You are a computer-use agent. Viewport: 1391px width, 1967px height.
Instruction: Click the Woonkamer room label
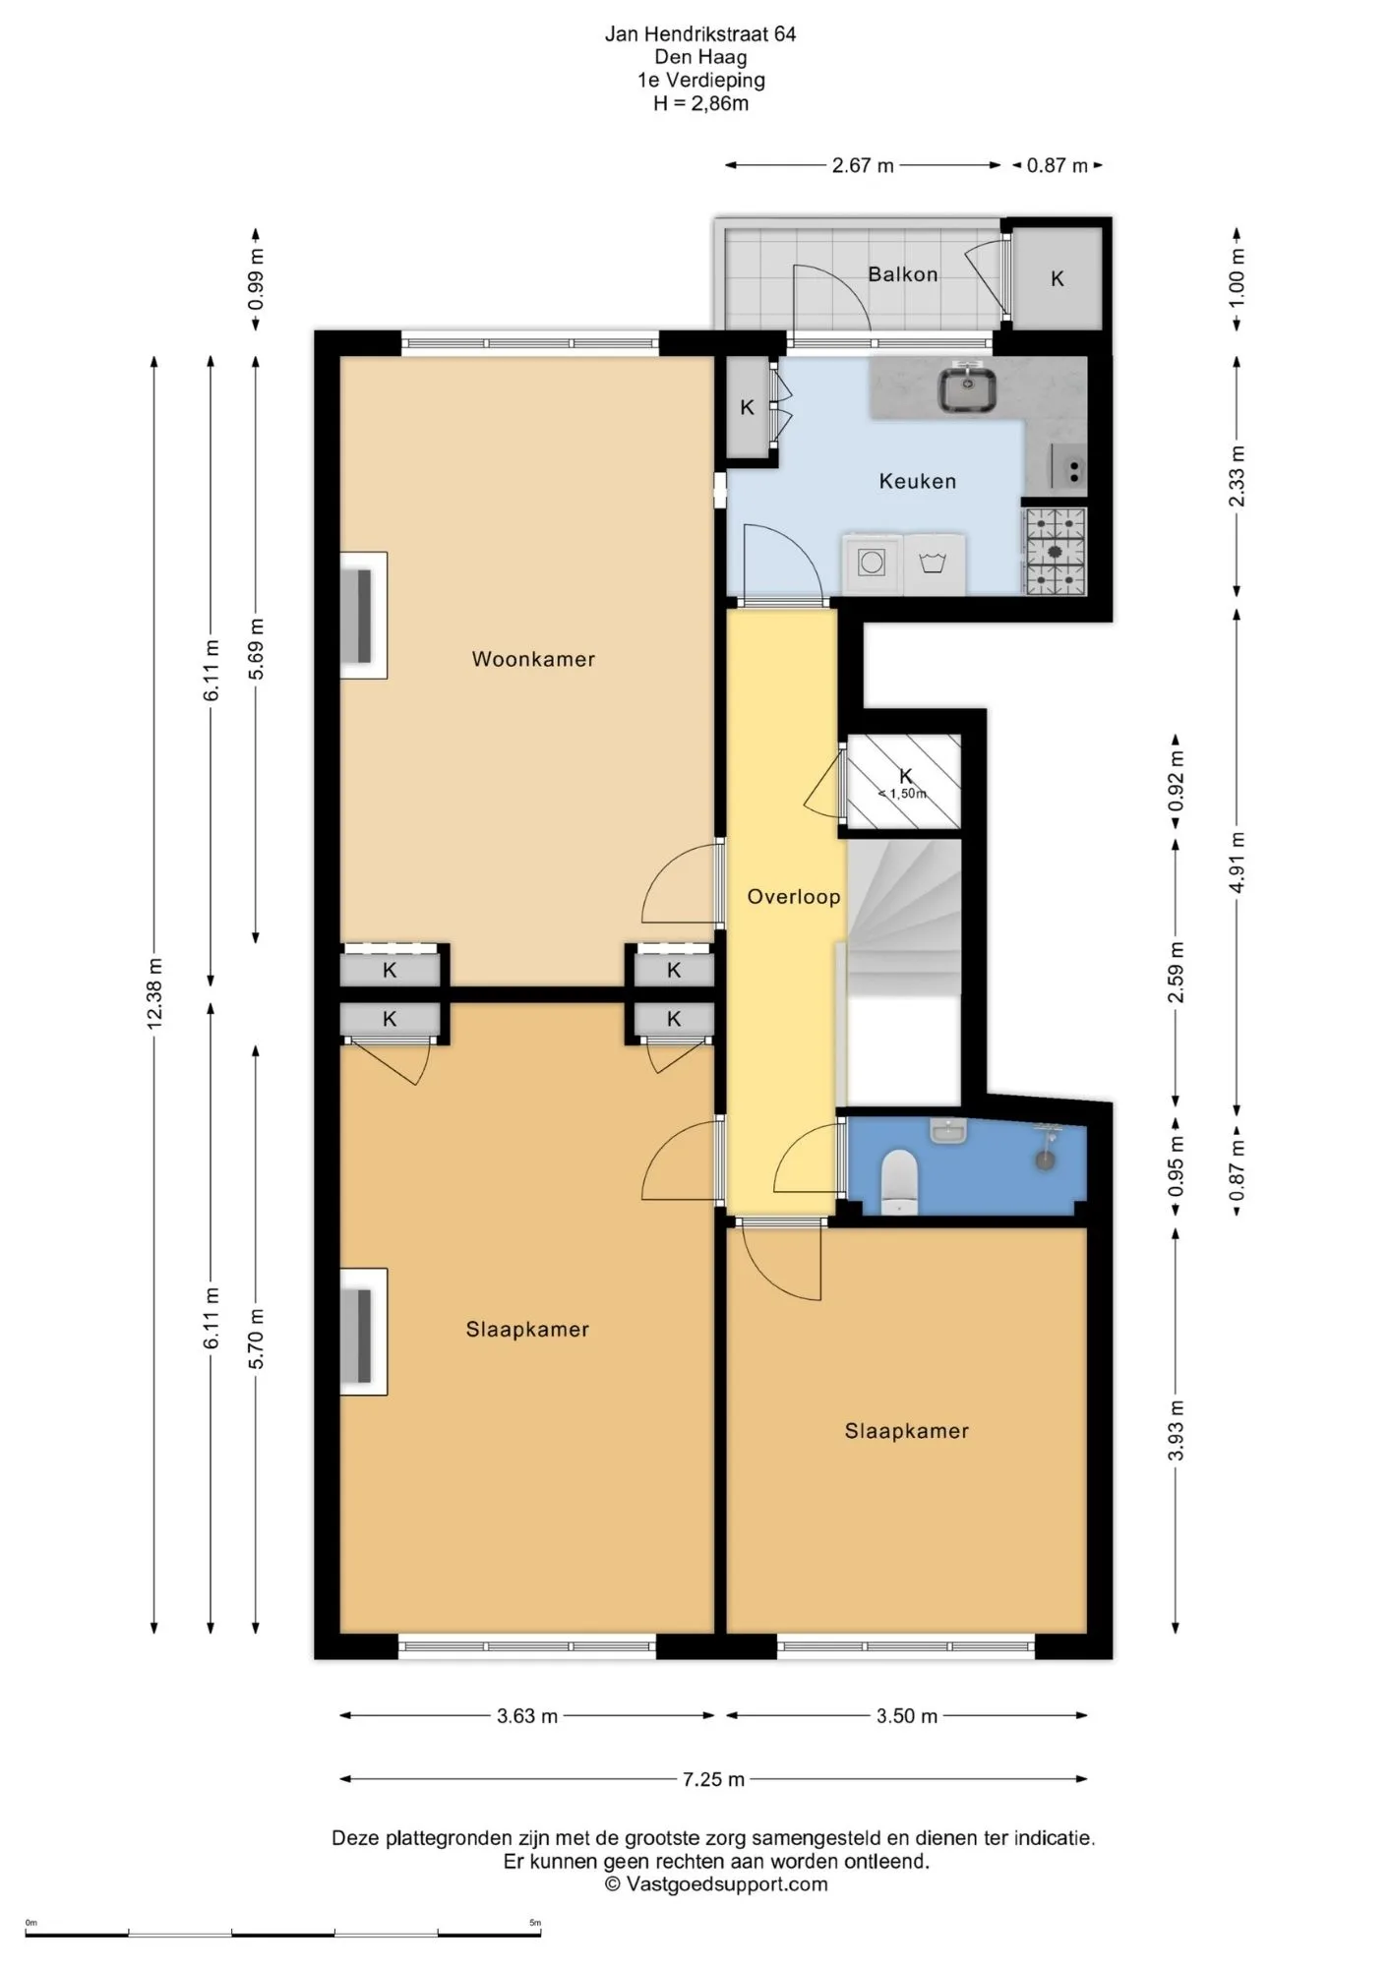(x=533, y=659)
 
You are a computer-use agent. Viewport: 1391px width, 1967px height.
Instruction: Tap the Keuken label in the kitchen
(x=918, y=481)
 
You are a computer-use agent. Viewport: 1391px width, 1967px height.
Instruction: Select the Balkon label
(x=902, y=274)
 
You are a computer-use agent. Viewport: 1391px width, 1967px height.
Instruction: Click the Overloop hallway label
(x=794, y=896)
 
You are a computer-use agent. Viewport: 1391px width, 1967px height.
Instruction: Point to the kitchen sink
(x=967, y=388)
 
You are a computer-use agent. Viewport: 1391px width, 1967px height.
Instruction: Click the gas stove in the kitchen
(x=1055, y=552)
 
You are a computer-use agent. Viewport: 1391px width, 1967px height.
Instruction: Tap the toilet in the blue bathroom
(x=899, y=1181)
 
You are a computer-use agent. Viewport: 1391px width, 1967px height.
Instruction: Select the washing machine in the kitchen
(x=872, y=564)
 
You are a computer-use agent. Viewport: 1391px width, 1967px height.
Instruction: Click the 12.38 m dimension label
(x=154, y=993)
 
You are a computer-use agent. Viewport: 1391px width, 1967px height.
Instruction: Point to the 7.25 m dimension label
(x=713, y=1778)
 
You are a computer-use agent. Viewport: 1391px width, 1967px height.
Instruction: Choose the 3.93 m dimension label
(x=1176, y=1430)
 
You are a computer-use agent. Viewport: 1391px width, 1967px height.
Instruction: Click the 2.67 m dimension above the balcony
(x=863, y=165)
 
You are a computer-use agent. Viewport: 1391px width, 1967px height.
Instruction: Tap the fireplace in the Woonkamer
(x=363, y=616)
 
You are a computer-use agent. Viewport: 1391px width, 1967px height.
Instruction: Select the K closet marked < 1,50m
(x=904, y=781)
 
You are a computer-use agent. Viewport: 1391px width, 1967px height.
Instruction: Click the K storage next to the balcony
(x=1058, y=278)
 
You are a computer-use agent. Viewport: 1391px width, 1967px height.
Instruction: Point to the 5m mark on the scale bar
(x=535, y=1922)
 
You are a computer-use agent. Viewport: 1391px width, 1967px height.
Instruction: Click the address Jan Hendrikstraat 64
(x=700, y=34)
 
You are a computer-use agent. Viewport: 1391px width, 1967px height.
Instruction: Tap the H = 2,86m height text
(x=700, y=103)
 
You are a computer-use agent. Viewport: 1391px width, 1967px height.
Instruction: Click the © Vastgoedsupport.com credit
(x=716, y=1884)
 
